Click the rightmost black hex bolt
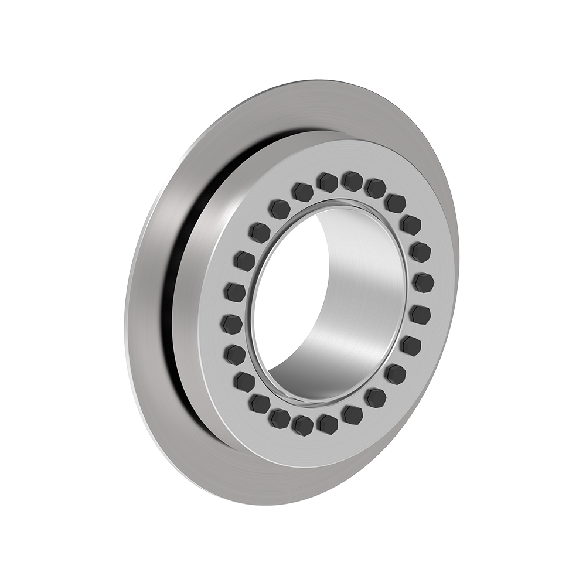pos(424,283)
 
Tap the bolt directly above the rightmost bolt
pos(421,253)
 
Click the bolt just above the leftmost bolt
pos(234,290)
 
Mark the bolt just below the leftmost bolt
pos(236,353)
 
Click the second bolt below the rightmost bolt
pos(411,345)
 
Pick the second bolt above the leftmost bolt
pos(243,260)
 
